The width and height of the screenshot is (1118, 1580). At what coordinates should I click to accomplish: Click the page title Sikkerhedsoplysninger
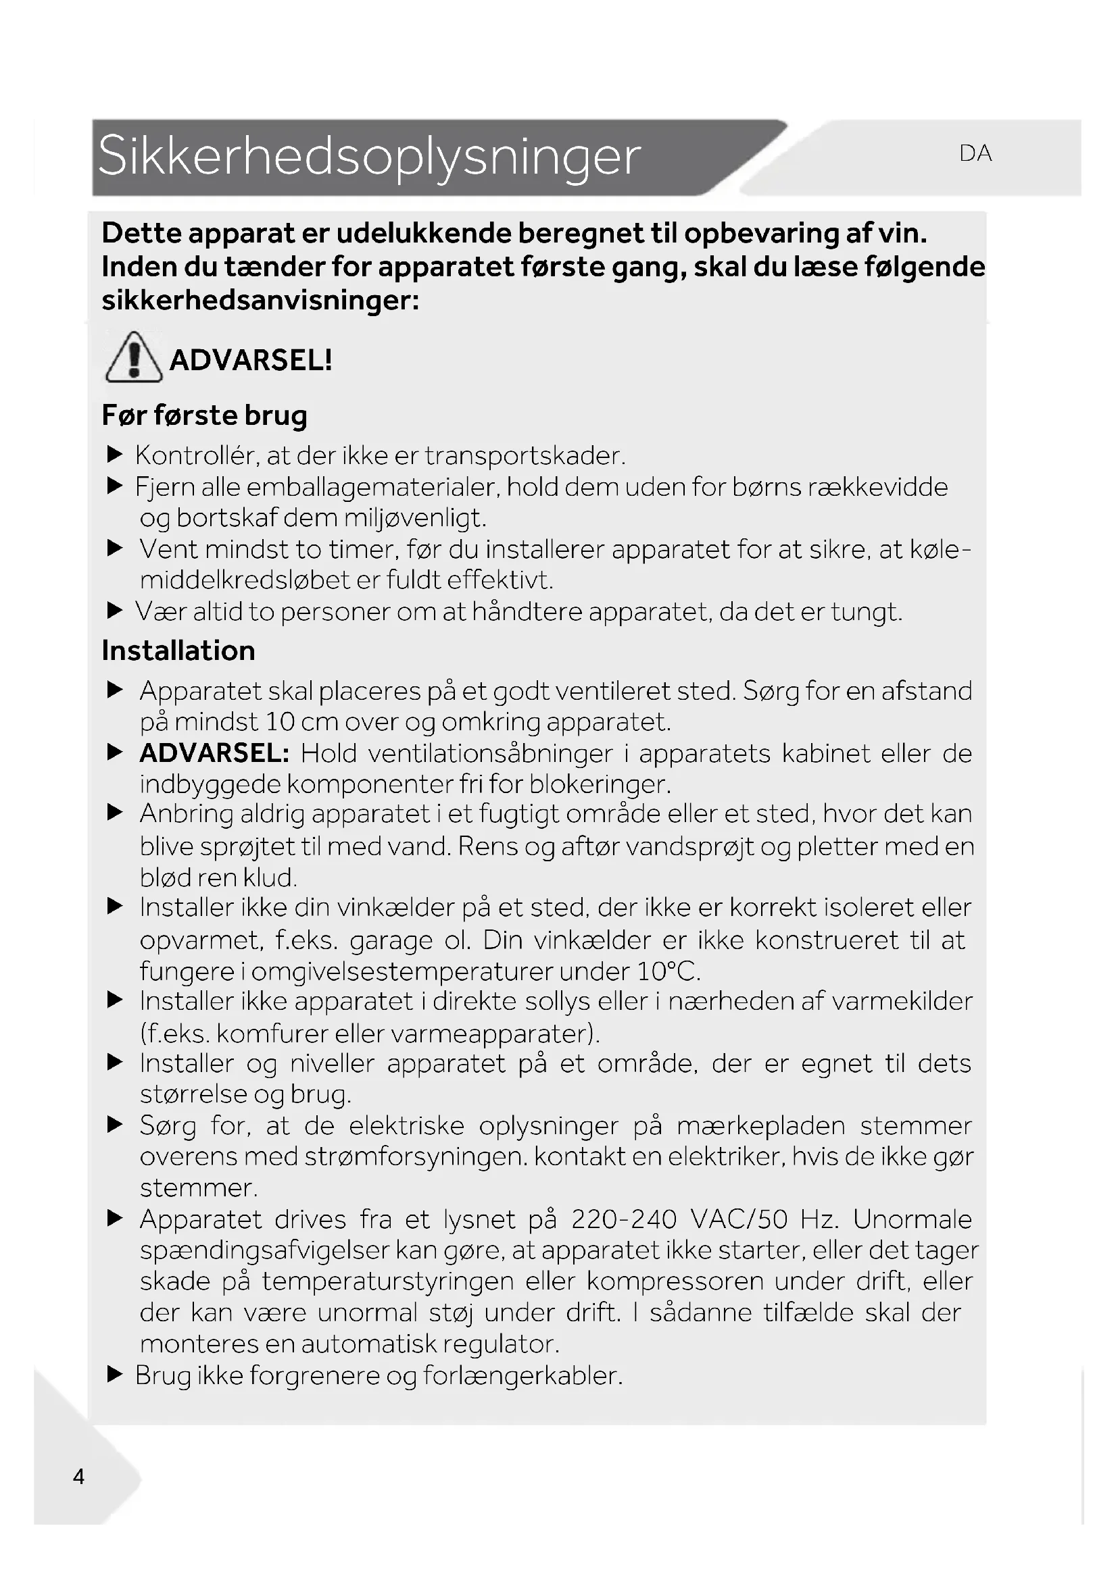369,156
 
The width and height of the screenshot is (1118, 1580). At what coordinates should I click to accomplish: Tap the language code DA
975,153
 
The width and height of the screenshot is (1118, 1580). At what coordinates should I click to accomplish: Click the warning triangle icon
134,357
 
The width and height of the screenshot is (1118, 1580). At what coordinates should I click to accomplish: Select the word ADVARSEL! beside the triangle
251,360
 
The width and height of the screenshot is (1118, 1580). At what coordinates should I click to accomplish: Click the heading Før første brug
204,415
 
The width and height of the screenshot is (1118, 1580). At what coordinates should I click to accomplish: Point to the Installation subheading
178,651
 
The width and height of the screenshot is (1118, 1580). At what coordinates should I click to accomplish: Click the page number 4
79,1476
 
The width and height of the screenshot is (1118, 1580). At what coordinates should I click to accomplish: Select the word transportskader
525,455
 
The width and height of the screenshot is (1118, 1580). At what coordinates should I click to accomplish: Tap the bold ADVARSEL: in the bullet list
214,754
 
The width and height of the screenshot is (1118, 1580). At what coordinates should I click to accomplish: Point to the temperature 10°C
668,971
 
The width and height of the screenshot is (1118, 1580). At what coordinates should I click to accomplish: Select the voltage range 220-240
624,1219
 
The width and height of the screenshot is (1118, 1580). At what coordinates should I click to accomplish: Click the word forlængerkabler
522,1375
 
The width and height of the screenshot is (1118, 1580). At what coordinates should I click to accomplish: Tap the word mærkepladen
760,1126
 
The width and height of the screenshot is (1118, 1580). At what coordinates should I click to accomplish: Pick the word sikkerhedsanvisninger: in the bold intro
260,301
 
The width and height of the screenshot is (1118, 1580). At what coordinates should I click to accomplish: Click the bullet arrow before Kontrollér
115,455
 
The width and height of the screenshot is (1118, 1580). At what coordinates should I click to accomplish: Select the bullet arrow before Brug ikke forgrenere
115,1375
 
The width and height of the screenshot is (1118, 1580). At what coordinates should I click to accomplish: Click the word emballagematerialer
372,487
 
